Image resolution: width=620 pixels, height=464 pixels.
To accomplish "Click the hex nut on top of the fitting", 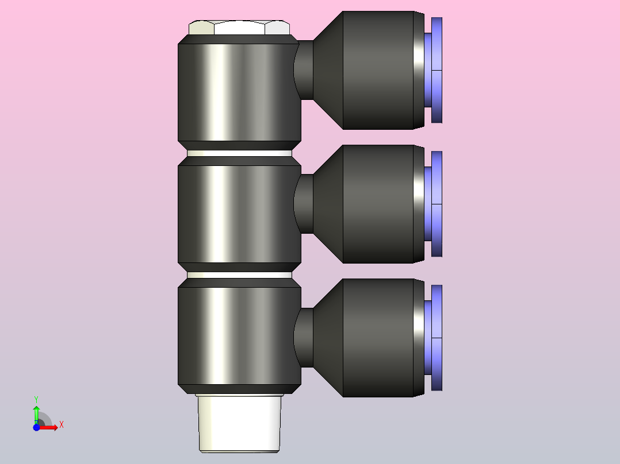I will coord(239,28).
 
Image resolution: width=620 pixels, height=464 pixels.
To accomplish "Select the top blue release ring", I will coord(437,69).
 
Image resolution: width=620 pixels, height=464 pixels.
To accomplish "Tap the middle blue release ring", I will coord(437,204).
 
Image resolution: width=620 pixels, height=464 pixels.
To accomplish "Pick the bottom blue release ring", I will coord(437,338).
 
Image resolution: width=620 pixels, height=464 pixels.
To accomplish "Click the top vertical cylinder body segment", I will coord(239,92).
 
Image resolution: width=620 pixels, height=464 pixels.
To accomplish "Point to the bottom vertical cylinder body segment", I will coord(239,336).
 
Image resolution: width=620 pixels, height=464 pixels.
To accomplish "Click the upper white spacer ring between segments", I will coord(239,153).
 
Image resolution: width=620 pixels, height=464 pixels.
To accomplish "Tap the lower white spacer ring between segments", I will coord(239,275).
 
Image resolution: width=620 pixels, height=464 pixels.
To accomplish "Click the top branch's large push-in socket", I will coord(378,69).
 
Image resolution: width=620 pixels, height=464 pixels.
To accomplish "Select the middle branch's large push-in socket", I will coord(378,204).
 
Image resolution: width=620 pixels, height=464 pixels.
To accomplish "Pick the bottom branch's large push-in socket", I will coord(378,338).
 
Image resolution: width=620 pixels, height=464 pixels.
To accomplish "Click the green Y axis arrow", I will coord(36,411).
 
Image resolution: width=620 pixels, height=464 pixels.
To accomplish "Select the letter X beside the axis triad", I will coord(61,425).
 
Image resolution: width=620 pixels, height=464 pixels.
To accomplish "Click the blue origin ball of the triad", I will coord(36,428).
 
